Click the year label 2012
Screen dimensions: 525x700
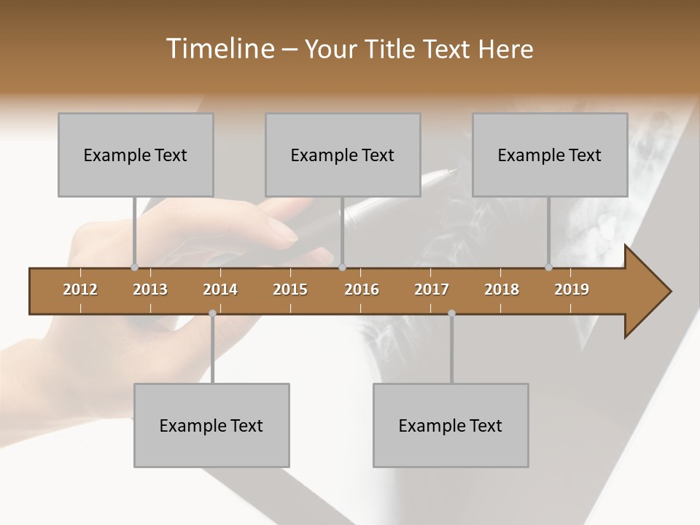(80, 289)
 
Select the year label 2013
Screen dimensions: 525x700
(150, 289)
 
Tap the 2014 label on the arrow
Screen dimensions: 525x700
(220, 289)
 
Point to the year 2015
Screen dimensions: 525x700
(290, 289)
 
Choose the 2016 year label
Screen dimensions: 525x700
(362, 289)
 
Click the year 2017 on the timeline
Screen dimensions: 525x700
(432, 289)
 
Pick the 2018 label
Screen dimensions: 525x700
(502, 289)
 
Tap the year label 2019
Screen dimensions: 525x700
(572, 289)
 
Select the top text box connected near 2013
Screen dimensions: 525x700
(136, 155)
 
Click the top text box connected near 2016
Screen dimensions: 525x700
(343, 155)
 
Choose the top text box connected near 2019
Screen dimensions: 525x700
(550, 155)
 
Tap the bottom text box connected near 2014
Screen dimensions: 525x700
(211, 425)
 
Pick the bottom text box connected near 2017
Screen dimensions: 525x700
(451, 425)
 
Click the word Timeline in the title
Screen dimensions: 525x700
(219, 49)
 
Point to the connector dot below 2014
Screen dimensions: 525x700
(212, 313)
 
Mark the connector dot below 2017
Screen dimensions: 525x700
(451, 313)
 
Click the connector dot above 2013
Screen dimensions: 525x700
(134, 267)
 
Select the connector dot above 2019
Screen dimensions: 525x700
(548, 267)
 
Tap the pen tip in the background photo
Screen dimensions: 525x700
(454, 171)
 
